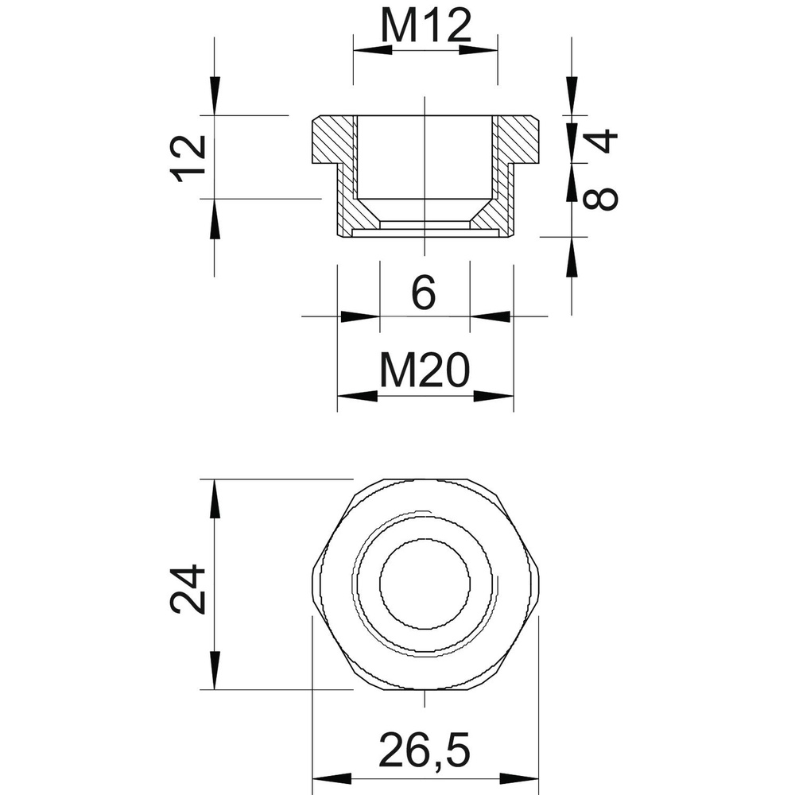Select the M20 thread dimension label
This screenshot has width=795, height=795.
(425, 371)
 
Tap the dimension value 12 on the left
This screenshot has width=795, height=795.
(192, 157)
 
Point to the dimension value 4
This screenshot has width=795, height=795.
(603, 142)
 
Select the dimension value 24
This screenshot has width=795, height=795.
(190, 590)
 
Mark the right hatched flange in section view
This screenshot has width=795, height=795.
(521, 141)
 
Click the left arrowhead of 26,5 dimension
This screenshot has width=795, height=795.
(331, 779)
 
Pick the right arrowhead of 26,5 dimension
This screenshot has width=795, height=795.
(521, 779)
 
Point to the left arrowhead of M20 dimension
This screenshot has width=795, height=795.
(357, 395)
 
